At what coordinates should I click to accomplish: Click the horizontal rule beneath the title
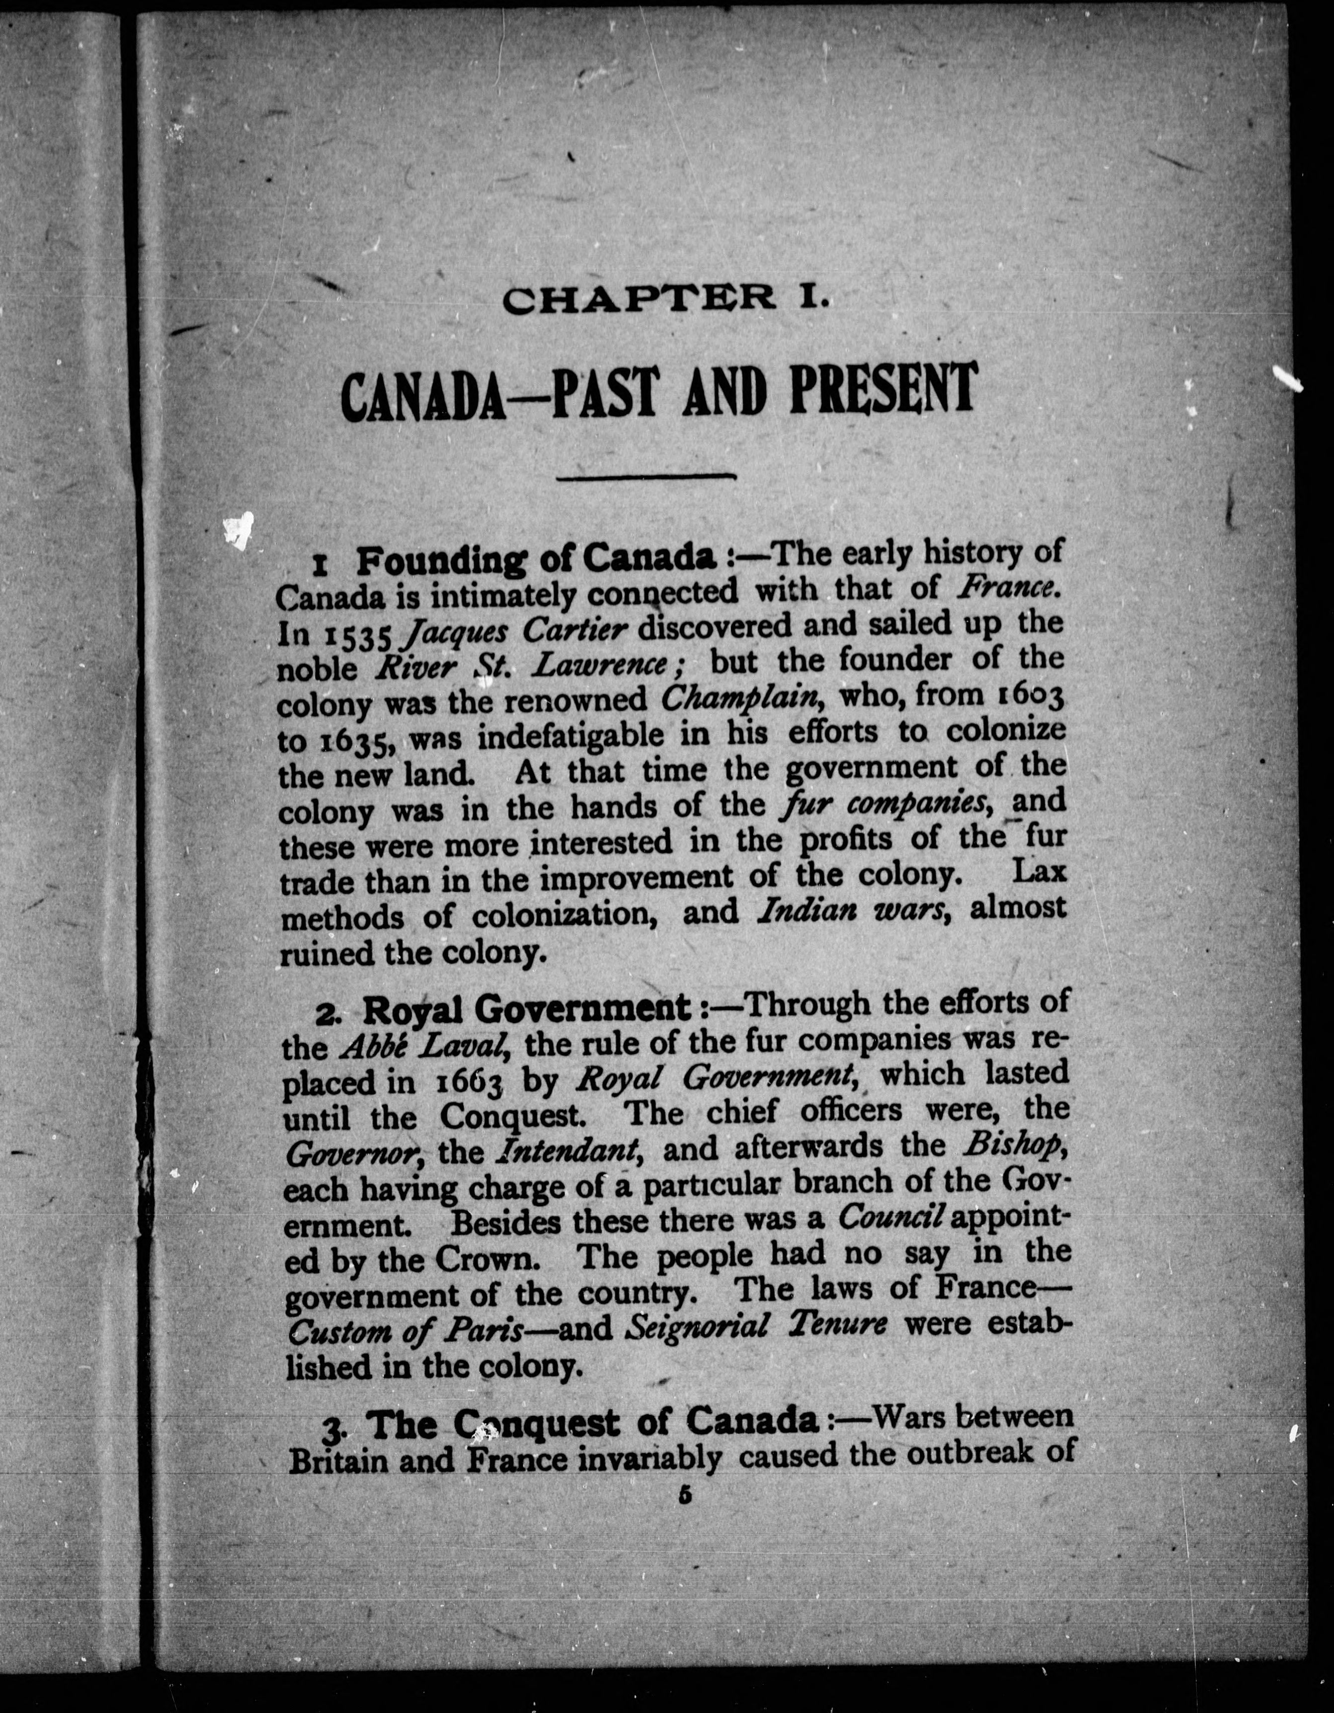pos(645,476)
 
